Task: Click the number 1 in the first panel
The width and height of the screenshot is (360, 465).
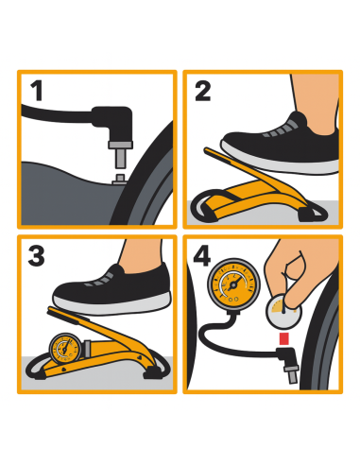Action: pyautogui.click(x=37, y=92)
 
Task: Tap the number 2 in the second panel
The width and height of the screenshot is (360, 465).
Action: pyautogui.click(x=203, y=92)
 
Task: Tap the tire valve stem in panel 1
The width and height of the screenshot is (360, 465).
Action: pyautogui.click(x=119, y=175)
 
